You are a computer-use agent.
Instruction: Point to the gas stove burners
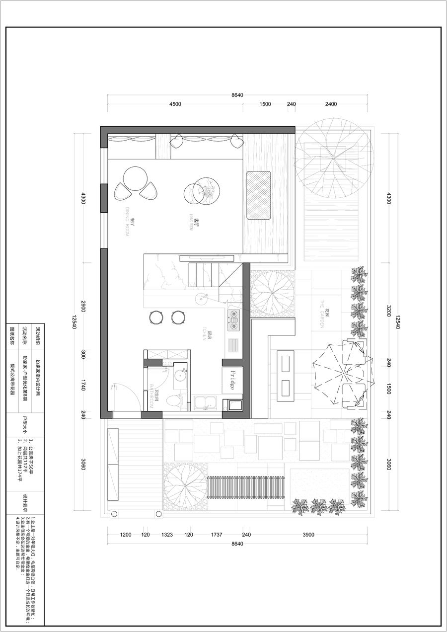(232, 320)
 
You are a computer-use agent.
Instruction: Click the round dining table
(135, 179)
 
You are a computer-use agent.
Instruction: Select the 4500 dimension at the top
(175, 104)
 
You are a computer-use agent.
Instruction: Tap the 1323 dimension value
(167, 535)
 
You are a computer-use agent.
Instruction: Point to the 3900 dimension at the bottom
(309, 535)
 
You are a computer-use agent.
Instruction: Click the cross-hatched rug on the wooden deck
(259, 195)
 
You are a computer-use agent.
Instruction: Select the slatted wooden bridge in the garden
(245, 488)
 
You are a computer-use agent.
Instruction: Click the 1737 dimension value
(217, 535)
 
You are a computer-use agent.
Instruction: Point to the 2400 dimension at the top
(331, 104)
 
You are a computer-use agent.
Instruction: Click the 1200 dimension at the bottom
(126, 535)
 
